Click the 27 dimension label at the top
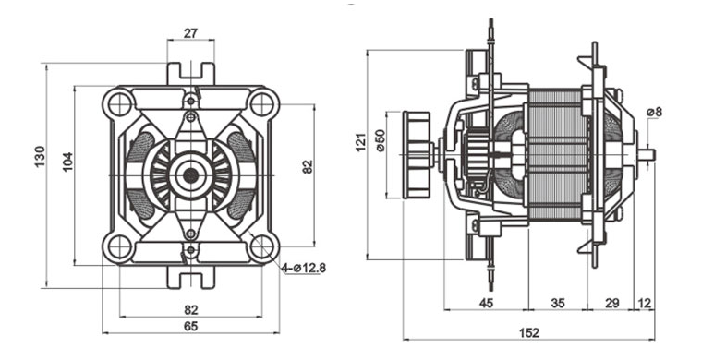click(191, 33)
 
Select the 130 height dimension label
click(40, 156)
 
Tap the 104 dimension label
click(67, 162)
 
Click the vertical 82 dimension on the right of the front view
click(308, 166)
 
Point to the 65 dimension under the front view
click(191, 327)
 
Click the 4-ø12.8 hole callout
click(304, 268)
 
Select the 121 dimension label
click(360, 142)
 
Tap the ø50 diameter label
click(381, 140)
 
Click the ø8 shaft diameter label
click(654, 112)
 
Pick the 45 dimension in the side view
click(487, 303)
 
